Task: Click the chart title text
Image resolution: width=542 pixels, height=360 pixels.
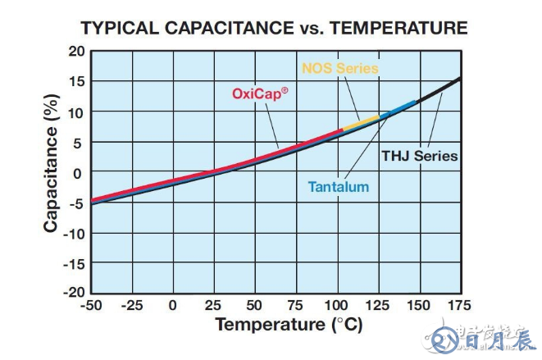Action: coord(274,29)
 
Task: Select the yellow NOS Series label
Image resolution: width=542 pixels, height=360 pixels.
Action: coord(340,68)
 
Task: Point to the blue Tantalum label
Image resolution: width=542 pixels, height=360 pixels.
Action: coord(338,187)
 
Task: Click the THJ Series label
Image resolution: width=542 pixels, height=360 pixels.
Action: coord(419,156)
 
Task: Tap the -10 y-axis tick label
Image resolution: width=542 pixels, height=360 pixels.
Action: coord(75,233)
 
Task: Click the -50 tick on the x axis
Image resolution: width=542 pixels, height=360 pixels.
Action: coord(90,306)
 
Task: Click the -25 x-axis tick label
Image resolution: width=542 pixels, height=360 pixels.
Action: coord(131,306)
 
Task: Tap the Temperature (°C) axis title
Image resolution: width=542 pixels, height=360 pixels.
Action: coord(289,325)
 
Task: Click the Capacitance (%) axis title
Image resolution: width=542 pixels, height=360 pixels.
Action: coord(51,171)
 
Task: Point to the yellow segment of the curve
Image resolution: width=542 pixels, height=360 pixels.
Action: coord(361,124)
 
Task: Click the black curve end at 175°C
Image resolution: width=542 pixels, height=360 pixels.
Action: coord(458,79)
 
